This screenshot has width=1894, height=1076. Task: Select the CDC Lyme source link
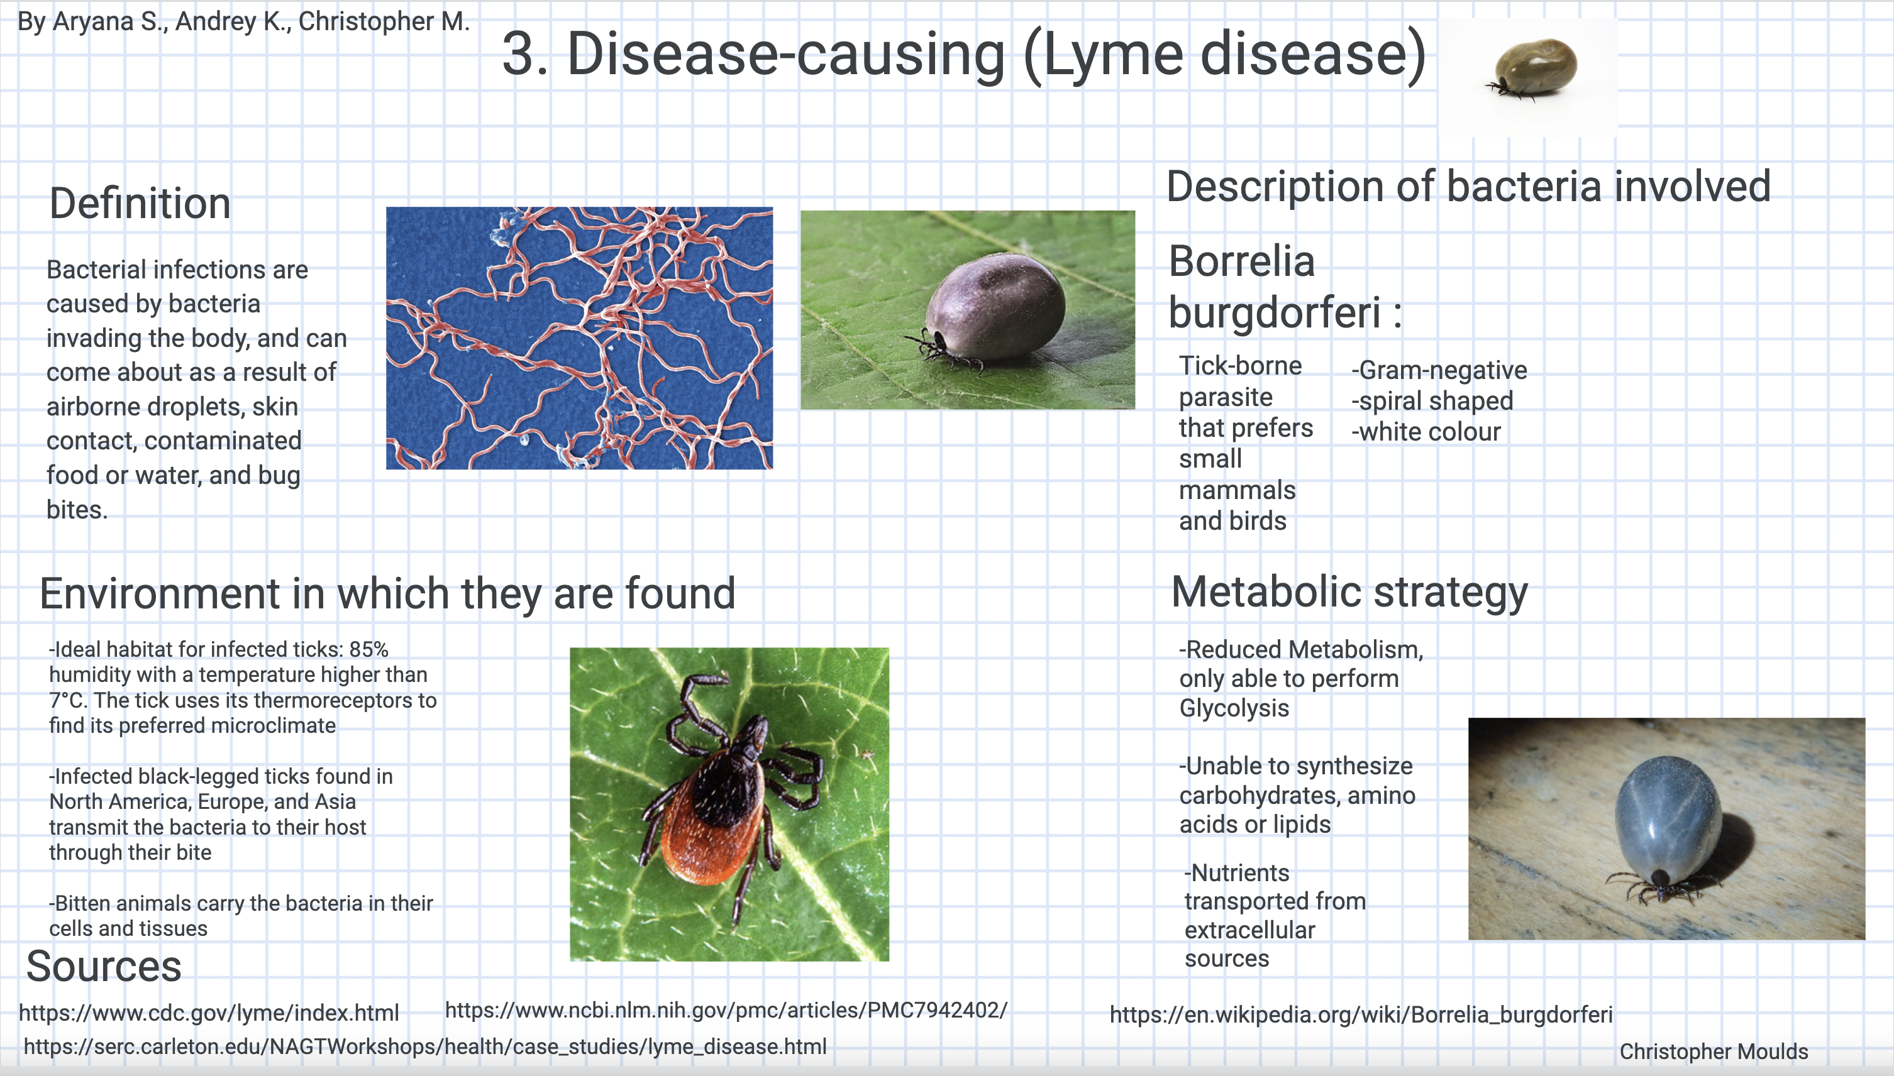209,1013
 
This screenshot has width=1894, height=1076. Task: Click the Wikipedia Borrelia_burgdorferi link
1361,1014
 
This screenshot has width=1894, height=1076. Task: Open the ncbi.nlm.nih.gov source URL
726,1010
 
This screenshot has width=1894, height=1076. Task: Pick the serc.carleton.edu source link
425,1046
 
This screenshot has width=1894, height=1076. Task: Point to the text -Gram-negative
1439,370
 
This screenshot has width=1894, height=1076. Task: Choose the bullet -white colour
1426,432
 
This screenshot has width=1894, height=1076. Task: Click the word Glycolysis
1234,708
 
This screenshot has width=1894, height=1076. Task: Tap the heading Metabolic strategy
1349,592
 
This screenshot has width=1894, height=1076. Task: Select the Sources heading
104,966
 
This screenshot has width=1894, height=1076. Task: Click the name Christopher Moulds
1714,1051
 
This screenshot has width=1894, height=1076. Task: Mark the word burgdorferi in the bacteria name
1275,312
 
